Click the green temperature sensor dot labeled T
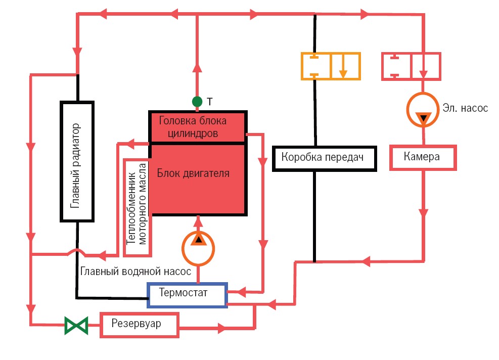(x=197, y=102)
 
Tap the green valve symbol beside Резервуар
(x=76, y=325)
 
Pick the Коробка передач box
(x=325, y=158)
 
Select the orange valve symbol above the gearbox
(x=331, y=66)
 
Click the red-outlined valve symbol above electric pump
(x=411, y=66)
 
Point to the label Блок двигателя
(x=193, y=173)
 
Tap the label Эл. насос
(x=465, y=108)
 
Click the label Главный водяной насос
(x=135, y=272)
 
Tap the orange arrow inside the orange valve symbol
(x=343, y=70)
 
